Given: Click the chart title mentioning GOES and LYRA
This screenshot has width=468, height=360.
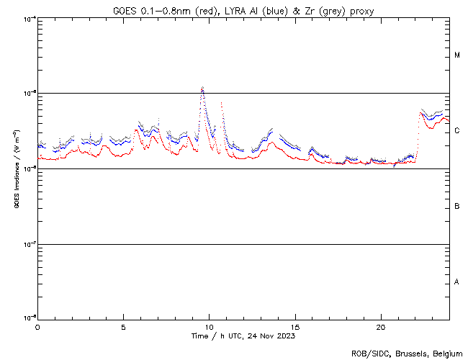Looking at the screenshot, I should [x=243, y=10].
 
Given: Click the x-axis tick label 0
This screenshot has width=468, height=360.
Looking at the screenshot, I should [x=37, y=326].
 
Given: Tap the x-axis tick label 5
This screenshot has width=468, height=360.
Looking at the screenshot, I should [x=123, y=326].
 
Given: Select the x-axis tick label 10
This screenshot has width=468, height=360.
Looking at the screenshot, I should [x=210, y=326].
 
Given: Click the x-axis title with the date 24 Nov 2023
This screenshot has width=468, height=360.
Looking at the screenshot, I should [x=243, y=336].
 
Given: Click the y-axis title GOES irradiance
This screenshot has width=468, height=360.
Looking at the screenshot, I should [x=15, y=168].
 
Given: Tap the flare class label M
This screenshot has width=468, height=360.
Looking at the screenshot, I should [x=457, y=55].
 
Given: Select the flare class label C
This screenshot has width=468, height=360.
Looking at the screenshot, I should [x=457, y=131].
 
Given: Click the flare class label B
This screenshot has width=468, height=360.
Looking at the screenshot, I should [x=457, y=207].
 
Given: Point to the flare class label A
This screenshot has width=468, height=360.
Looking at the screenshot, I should [x=457, y=282].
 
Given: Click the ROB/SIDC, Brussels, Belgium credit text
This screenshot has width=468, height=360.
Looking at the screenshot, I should [x=406, y=353].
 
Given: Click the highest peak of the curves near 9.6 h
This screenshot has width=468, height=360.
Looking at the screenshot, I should [x=203, y=88].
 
